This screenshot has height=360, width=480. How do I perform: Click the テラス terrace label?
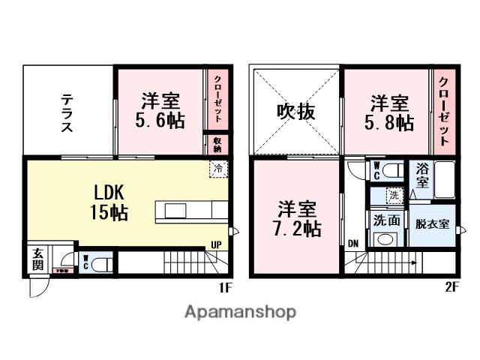click(67, 112)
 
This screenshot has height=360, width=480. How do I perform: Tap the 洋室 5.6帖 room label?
click(160, 110)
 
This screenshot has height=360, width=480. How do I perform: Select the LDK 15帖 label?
click(109, 201)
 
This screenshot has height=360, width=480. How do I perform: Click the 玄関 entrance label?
click(37, 259)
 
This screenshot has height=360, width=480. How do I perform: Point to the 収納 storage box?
click(217, 144)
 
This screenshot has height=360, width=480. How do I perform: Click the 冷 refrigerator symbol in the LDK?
click(217, 169)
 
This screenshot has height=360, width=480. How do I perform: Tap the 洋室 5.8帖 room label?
click(388, 112)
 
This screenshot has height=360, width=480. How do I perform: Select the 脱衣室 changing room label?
click(432, 224)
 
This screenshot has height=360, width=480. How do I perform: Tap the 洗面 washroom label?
click(387, 221)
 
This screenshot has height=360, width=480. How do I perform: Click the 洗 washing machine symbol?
click(394, 195)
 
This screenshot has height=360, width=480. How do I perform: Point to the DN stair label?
click(352, 243)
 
